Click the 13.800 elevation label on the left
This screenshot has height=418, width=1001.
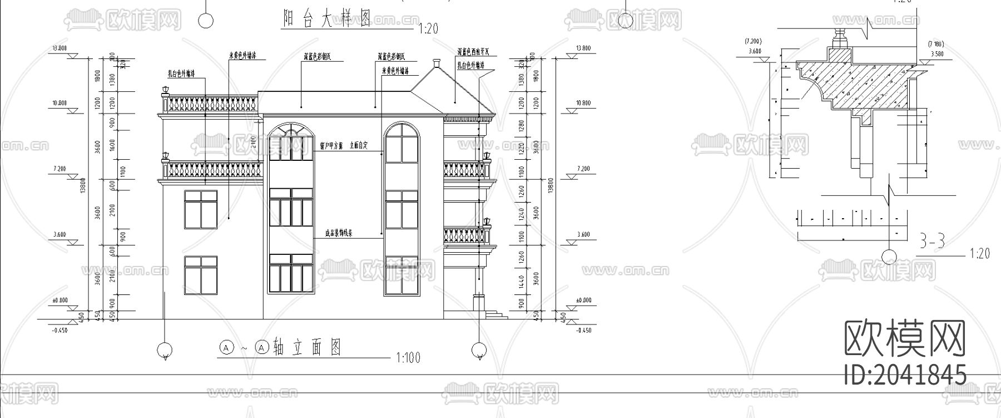pyautogui.click(x=60, y=48)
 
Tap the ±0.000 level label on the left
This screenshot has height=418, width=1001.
pyautogui.click(x=60, y=301)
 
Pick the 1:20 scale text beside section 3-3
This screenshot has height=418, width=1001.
pyautogui.click(x=979, y=254)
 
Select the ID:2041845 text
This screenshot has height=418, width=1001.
pyautogui.click(x=905, y=375)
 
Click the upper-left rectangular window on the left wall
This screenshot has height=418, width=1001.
pyautogui.click(x=201, y=209)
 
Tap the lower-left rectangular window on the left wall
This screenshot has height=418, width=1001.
pyautogui.click(x=201, y=275)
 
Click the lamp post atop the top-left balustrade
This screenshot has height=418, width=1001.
pyautogui.click(x=165, y=91)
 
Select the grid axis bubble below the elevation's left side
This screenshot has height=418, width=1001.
pyautogui.click(x=164, y=350)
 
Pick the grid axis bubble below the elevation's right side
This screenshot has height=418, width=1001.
pyautogui.click(x=478, y=350)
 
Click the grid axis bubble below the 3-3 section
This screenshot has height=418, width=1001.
pyautogui.click(x=889, y=257)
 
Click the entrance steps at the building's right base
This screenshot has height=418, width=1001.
pyautogui.click(x=497, y=315)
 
